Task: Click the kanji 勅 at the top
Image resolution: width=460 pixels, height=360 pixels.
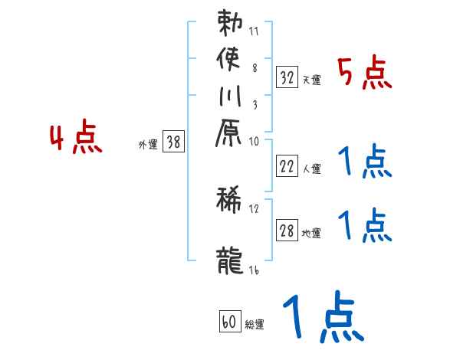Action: point(229,22)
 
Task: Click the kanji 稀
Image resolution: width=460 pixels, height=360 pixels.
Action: point(229,198)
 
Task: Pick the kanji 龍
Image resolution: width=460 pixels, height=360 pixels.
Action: point(229,258)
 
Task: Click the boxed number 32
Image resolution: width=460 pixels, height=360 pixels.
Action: point(287,76)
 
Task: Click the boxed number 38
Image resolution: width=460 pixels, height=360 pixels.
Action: point(174,142)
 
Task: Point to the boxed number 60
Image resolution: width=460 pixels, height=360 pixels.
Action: point(228,322)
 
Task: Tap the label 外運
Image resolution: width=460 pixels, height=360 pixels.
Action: point(148,143)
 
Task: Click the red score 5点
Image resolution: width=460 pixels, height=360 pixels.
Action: point(363,74)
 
